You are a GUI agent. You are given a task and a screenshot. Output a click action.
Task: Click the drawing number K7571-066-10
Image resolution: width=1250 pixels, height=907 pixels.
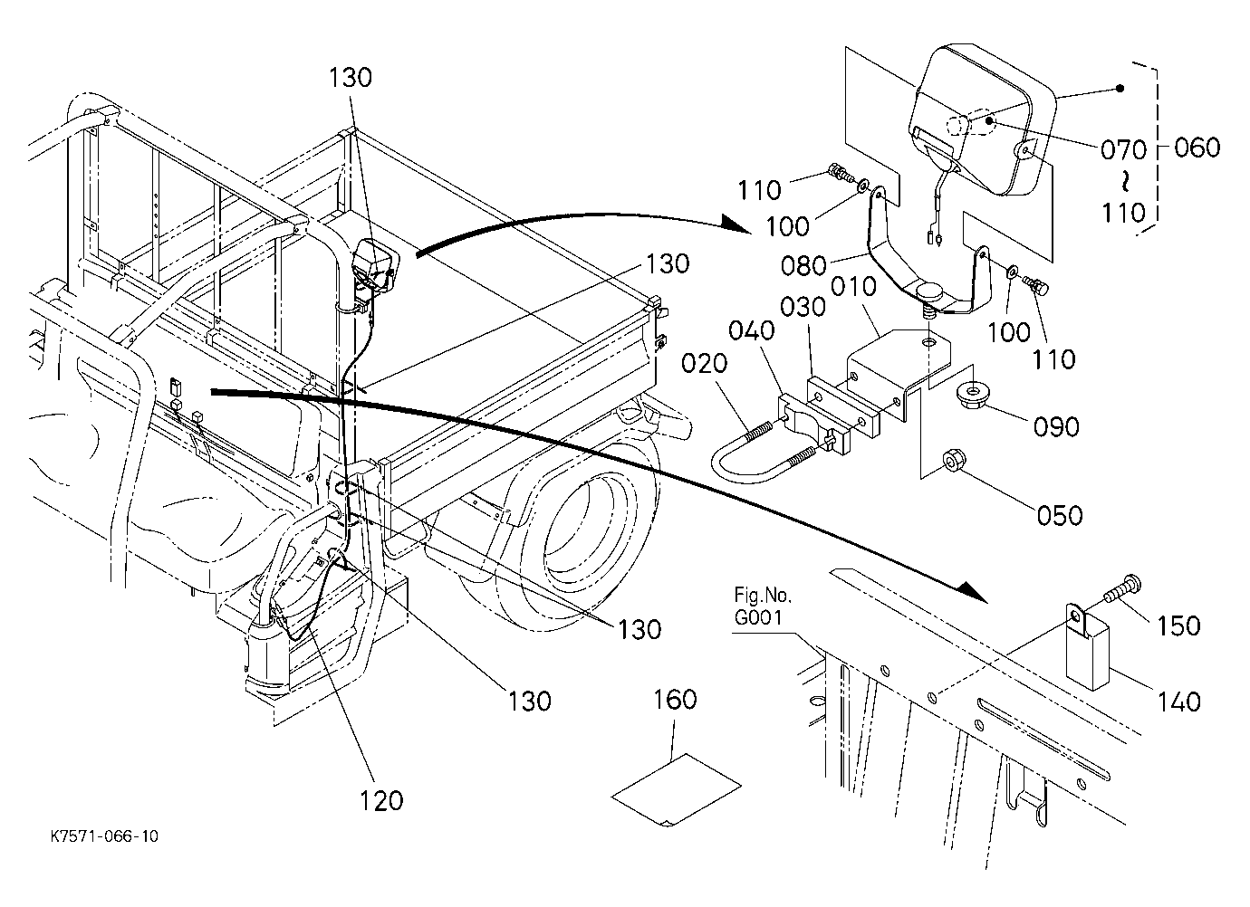pos(104,836)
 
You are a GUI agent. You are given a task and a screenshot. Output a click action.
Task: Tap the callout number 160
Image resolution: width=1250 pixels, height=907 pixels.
pos(675,700)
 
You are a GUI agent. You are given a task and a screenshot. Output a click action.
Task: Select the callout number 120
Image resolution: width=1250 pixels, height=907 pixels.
pos(381,801)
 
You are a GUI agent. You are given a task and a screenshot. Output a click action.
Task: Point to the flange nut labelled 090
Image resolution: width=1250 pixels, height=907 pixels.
pos(972,396)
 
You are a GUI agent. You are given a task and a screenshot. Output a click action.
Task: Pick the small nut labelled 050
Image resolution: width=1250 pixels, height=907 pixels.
pos(953,462)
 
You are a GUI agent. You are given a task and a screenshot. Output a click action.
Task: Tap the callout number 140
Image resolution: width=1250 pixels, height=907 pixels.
pos(1179,702)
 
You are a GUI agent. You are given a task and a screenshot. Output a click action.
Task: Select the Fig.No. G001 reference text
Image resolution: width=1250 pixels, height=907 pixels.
pos(763,606)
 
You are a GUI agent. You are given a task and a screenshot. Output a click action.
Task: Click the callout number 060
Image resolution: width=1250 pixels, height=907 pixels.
pos(1197,148)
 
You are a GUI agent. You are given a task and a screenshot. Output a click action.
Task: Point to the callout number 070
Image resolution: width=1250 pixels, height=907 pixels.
pos(1123,150)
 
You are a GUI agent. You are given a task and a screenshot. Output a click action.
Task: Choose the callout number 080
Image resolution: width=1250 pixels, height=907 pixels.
pos(803,266)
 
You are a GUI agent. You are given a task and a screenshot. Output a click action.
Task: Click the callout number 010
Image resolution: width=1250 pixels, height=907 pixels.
pos(854,287)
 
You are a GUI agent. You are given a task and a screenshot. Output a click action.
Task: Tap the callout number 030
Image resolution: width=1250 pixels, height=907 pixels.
pos(803,308)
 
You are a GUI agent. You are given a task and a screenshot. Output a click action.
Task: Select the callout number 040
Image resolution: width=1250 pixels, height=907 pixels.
pos(752,330)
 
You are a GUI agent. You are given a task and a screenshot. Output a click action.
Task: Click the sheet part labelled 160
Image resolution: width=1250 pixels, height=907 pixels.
pos(676,790)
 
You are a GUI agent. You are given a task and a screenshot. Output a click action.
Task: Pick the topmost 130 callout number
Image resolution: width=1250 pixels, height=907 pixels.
pos(350,78)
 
